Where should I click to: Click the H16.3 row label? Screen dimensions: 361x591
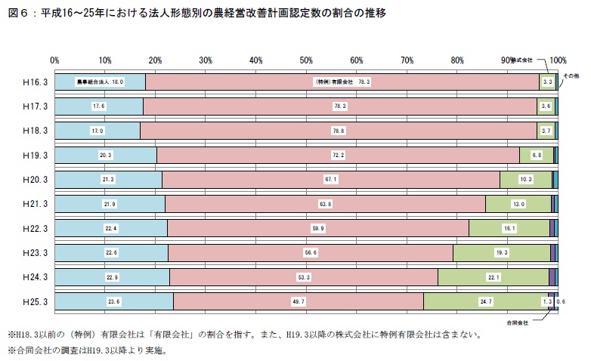click(36, 82)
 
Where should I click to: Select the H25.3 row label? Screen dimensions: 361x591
click(36, 301)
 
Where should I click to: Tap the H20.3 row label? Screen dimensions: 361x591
click(36, 179)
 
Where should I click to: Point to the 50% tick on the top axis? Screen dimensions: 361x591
click(306, 60)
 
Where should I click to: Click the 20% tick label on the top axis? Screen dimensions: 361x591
click(155, 60)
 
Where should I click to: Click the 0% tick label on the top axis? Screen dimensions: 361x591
click(54, 60)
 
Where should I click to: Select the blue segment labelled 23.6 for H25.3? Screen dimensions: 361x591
click(114, 301)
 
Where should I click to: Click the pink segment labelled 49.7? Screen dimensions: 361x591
click(299, 301)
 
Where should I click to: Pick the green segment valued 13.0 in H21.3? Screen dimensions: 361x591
click(518, 204)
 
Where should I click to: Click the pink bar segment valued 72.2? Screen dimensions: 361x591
click(338, 155)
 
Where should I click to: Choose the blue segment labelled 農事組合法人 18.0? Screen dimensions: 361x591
click(100, 82)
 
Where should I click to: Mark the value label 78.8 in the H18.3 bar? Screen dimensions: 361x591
click(338, 131)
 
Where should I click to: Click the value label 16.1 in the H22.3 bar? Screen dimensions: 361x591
click(509, 228)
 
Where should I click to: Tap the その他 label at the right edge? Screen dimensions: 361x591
click(571, 77)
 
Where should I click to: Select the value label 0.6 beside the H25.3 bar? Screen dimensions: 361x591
click(561, 301)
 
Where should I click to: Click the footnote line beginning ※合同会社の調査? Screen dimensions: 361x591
click(87, 350)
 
